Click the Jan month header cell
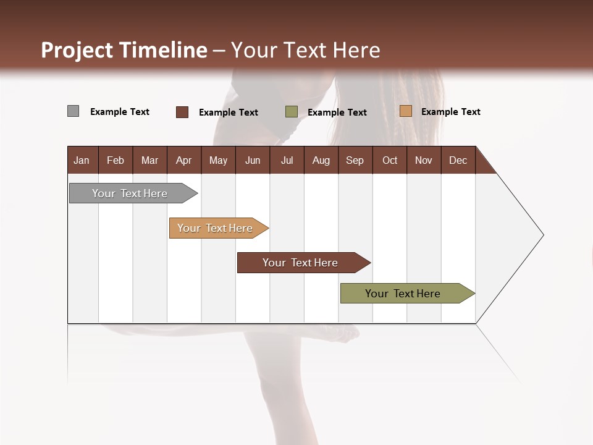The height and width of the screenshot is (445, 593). pos(82,161)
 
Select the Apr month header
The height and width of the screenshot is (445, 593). pos(183,161)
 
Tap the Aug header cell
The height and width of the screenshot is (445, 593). pos(321,161)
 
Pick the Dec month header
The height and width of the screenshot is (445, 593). pos(458,161)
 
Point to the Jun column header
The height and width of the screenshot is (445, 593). pos(252,161)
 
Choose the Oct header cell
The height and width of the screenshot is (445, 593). pos(389,161)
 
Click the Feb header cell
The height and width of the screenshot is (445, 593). pos(116,161)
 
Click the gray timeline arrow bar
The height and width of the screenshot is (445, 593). pos(130,193)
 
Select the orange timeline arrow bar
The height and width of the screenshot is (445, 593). pos(215,228)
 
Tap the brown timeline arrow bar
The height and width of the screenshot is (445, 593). pos(300,263)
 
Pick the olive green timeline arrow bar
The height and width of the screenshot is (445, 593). pos(403,294)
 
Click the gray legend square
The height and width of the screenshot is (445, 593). pos(73,111)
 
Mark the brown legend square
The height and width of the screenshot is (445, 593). pos(182,112)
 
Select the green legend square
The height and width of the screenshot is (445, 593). pos(291,112)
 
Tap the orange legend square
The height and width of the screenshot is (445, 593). pos(405,111)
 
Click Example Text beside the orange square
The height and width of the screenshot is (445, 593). pos(450,112)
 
